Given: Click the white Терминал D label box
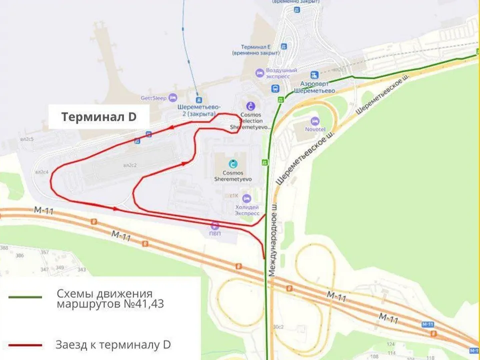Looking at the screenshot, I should pos(99,117).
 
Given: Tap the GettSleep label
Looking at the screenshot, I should pos(153,98).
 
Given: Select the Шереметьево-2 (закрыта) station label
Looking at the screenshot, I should pos(199,110).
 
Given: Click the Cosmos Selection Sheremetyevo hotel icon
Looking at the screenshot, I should pos(250,105).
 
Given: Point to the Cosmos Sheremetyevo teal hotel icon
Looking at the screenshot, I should pos(233,163).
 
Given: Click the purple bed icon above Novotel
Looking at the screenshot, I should pos(314,121).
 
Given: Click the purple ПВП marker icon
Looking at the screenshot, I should pos(215,225).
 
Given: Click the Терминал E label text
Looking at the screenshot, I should pos(256,49).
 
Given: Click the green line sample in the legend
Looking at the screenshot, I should pos(25,297).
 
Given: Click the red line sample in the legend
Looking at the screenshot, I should pos(25,345).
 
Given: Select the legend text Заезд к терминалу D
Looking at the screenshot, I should pos(113,344).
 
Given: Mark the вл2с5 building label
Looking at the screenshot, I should pos(27,139).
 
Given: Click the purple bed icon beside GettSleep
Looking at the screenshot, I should pos(173,97).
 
